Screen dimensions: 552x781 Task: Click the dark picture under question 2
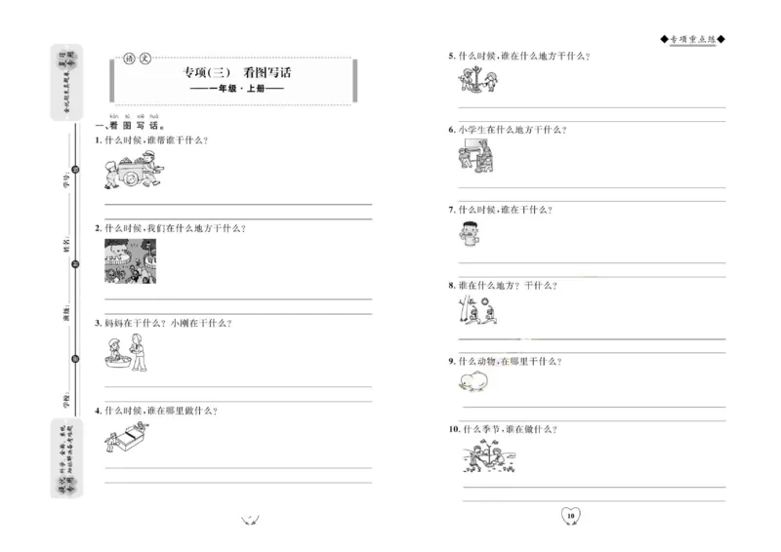pyautogui.click(x=131, y=260)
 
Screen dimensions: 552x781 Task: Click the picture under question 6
pyautogui.click(x=476, y=156)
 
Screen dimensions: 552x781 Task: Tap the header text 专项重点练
pyautogui.click(x=693, y=39)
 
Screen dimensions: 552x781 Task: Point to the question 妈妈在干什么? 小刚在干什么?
pyautogui.click(x=169, y=323)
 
